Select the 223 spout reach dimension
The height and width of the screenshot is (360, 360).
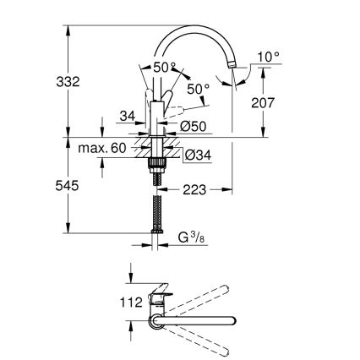(x=195, y=192)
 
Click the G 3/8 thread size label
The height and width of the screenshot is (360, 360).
(x=193, y=239)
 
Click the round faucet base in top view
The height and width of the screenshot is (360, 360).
(x=157, y=319)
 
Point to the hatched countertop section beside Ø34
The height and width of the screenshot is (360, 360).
(x=172, y=153)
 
